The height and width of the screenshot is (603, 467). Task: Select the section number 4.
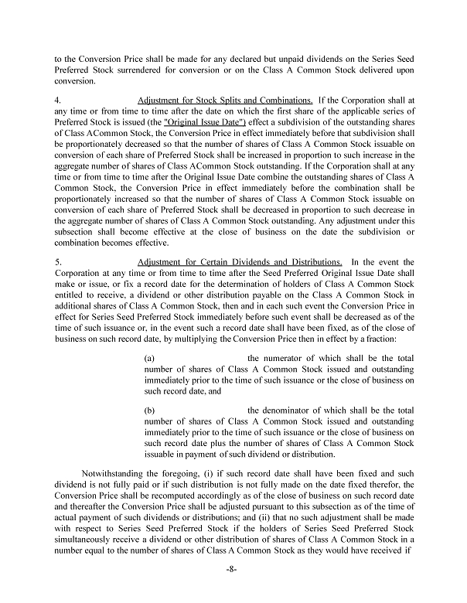pyautogui.click(x=59, y=100)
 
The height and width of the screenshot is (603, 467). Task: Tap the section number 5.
pyautogui.click(x=59, y=262)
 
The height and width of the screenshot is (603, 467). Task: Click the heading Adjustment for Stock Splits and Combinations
pyautogui.click(x=225, y=100)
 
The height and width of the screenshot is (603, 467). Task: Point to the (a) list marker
pyautogui.click(x=150, y=359)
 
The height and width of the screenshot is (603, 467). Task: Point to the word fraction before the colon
pyautogui.click(x=390, y=338)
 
